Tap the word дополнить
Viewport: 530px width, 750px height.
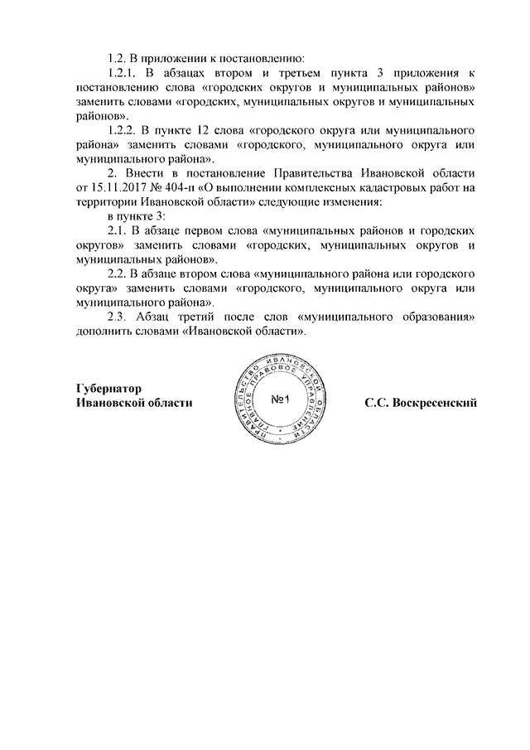pyautogui.click(x=105, y=331)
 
